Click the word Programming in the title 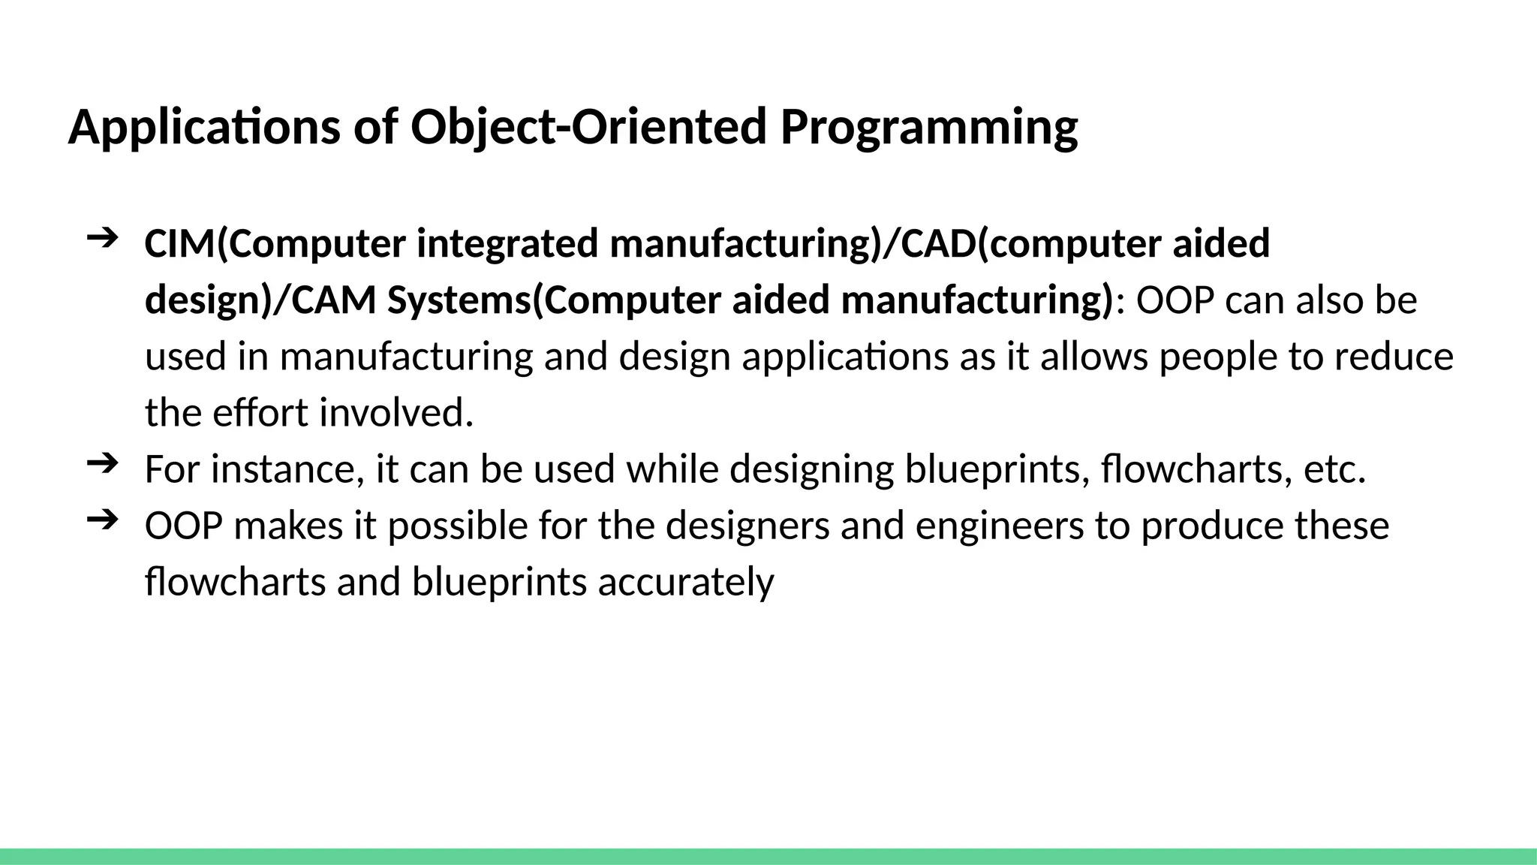928,128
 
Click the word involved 397,413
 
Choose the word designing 811,469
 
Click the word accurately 685,582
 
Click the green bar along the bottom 768,856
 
